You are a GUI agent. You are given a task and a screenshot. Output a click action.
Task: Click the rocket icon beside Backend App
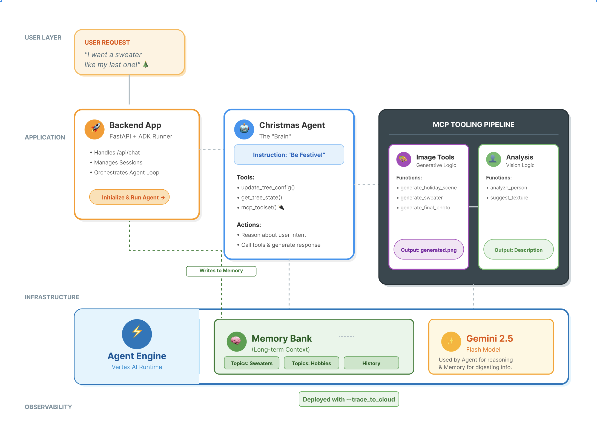point(94,129)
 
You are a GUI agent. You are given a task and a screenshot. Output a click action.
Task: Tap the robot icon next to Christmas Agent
point(244,129)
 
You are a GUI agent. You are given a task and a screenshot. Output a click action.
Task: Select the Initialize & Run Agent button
point(130,197)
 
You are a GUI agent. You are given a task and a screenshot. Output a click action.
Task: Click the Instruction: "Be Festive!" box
point(289,155)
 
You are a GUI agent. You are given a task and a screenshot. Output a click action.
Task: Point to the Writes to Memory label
point(221,271)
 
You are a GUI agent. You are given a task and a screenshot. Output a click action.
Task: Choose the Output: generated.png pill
point(429,250)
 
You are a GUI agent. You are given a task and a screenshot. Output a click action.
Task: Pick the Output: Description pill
point(518,250)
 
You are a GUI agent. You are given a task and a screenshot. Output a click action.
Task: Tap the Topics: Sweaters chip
point(252,363)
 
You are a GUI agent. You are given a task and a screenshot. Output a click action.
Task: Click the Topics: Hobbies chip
point(311,363)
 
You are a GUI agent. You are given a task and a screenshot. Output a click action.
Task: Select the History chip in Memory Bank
point(371,363)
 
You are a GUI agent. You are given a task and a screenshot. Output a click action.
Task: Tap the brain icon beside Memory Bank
point(237,341)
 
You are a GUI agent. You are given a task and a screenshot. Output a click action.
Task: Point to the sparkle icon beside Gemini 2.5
point(451,341)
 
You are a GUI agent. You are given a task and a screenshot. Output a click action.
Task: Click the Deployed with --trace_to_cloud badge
point(349,399)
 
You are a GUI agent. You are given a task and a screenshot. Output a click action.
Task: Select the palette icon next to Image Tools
point(404,159)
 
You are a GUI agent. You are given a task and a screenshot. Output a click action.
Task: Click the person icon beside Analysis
point(493,159)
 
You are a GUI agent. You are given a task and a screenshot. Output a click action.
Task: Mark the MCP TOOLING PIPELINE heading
point(473,125)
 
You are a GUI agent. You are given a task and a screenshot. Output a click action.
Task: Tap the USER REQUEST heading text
point(107,42)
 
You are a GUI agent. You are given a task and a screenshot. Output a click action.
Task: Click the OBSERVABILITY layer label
point(48,407)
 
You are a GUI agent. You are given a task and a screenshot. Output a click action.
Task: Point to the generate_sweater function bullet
point(421,198)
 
